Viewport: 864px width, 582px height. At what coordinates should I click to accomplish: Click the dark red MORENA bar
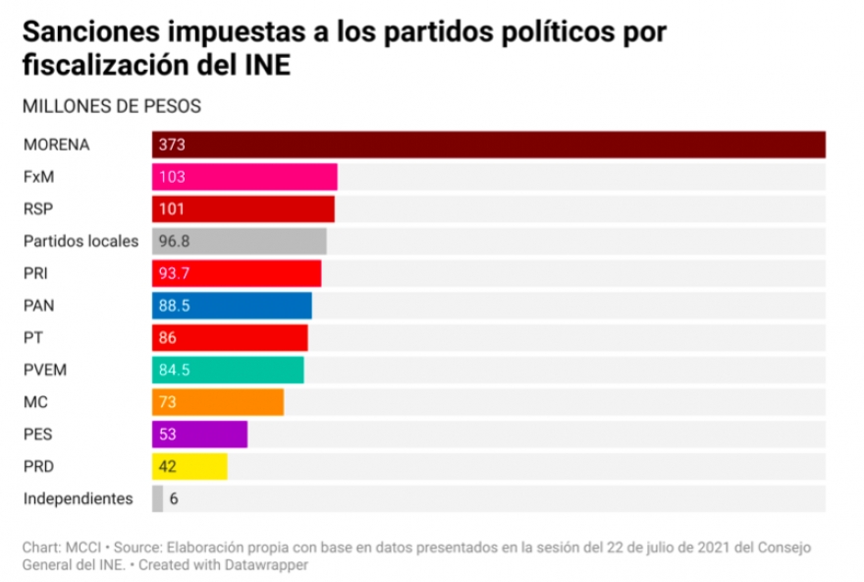[488, 145]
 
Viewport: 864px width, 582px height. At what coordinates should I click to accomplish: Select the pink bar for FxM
[244, 177]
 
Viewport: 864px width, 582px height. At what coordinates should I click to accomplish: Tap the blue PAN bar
[232, 306]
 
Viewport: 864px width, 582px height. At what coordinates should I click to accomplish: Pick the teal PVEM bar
[228, 370]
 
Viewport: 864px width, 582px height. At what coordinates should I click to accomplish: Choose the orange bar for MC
[218, 402]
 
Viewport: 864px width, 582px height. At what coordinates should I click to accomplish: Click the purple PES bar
[199, 435]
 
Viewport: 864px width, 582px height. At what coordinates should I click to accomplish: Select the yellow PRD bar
[189, 466]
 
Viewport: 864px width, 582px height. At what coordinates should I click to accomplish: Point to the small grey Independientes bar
[157, 498]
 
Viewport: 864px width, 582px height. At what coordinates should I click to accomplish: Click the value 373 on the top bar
[172, 145]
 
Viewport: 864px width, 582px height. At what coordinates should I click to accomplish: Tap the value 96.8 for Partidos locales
[174, 241]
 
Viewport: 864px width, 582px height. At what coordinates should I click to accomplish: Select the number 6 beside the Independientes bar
[174, 498]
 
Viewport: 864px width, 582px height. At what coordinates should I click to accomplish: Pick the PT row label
[31, 337]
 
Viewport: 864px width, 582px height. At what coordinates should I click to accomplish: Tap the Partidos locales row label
[81, 241]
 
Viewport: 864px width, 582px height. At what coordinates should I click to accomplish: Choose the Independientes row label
[78, 498]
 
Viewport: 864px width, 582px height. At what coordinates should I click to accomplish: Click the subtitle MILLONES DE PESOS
[111, 105]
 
